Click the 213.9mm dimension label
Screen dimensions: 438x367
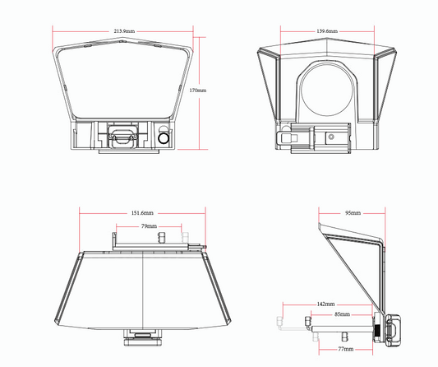tap(124, 31)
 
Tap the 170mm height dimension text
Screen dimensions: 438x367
tap(198, 91)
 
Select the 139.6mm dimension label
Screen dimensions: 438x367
tap(327, 31)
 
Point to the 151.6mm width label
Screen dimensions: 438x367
tap(142, 213)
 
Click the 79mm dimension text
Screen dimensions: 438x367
tap(149, 226)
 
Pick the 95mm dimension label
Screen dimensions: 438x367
tap(353, 213)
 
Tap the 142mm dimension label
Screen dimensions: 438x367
tap(325, 304)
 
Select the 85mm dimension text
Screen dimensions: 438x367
tap(342, 314)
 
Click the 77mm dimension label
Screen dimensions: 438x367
tap(346, 349)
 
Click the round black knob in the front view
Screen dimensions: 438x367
tap(164, 138)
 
